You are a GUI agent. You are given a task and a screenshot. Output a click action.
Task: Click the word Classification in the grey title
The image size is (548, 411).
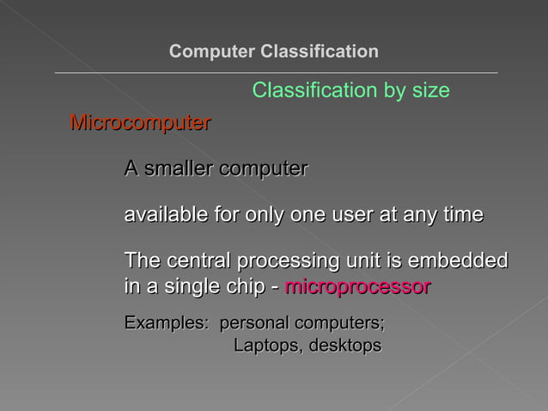319,52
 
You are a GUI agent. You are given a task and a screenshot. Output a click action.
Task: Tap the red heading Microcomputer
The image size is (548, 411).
140,123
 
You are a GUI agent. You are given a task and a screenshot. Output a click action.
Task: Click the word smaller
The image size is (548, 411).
180,169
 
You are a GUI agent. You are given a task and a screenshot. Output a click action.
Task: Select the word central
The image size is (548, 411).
197,261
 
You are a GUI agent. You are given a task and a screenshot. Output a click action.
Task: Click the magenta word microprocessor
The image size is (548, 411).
357,286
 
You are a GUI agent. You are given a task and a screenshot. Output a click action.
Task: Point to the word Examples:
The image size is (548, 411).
166,324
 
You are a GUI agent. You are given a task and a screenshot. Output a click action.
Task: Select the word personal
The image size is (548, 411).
254,324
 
